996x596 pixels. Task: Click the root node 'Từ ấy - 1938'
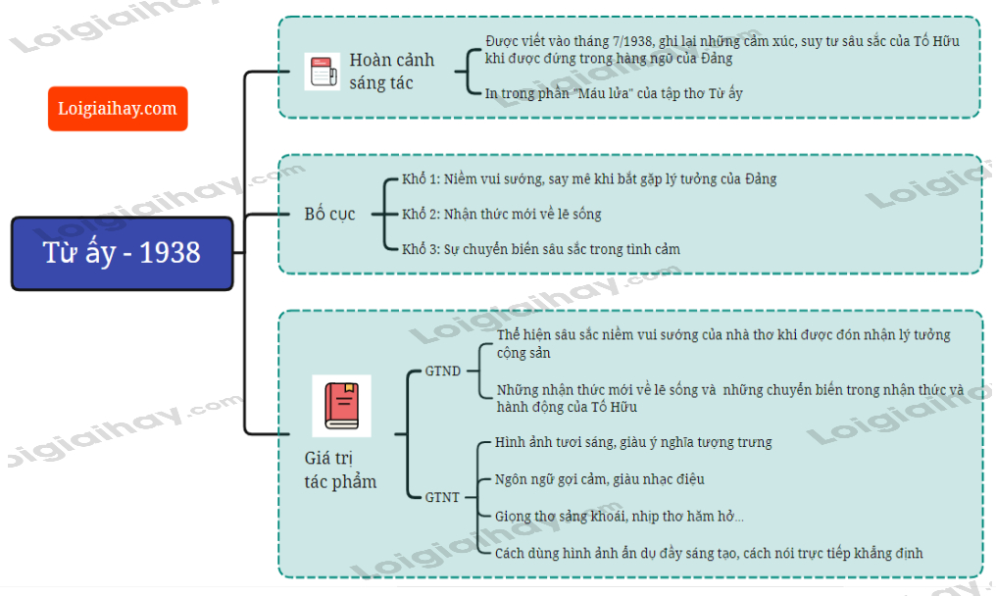tap(122, 253)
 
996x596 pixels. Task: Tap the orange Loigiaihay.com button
tap(118, 108)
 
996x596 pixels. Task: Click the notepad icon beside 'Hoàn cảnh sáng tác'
tap(322, 72)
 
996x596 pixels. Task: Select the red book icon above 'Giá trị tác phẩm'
tap(341, 405)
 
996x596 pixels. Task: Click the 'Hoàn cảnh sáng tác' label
tap(391, 72)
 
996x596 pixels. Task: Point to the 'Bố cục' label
tap(329, 214)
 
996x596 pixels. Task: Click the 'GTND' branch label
tap(442, 372)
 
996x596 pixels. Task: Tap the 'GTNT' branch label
tap(442, 497)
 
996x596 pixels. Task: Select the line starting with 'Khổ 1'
tap(589, 179)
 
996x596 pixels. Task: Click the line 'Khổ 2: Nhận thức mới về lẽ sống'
tap(502, 214)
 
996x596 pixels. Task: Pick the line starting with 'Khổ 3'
tap(541, 249)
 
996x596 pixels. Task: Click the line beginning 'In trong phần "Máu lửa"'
tap(614, 93)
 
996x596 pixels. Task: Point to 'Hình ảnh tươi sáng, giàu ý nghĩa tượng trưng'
tap(633, 442)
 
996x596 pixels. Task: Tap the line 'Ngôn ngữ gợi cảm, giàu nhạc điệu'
tap(599, 479)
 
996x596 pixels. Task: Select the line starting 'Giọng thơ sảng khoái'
tap(619, 517)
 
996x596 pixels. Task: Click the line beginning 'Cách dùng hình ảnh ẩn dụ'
tap(709, 553)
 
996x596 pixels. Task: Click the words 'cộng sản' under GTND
tap(523, 353)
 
